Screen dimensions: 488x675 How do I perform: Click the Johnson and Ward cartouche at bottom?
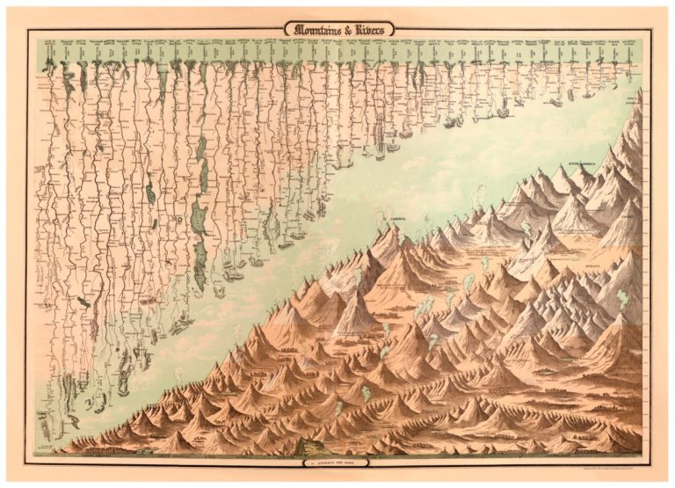point(337,460)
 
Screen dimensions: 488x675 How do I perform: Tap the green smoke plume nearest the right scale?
point(623,299)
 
